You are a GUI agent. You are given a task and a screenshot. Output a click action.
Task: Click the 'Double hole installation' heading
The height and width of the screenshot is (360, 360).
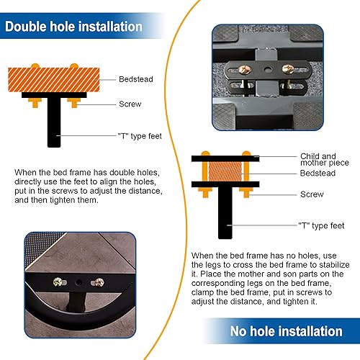[x=73, y=27]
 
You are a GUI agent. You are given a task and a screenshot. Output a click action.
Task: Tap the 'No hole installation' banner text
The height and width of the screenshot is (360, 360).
[x=287, y=331]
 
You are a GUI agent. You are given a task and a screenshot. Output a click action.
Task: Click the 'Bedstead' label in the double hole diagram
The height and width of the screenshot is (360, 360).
[x=136, y=79]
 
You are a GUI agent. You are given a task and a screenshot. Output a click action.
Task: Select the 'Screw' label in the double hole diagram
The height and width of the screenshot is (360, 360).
[x=130, y=104]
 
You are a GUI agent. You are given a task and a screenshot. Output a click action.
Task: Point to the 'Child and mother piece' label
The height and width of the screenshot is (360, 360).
[x=325, y=159]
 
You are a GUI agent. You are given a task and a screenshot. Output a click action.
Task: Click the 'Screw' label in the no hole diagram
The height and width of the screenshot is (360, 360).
[x=312, y=194]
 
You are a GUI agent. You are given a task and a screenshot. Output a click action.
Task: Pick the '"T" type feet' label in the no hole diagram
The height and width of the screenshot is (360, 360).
[x=321, y=225]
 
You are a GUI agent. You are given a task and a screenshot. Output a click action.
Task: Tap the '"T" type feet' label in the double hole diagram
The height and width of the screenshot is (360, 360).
[x=140, y=136]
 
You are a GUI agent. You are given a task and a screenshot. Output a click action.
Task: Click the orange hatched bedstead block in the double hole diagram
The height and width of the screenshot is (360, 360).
[x=54, y=80]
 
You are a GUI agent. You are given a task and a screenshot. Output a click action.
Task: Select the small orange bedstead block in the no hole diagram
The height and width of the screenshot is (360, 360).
[x=225, y=171]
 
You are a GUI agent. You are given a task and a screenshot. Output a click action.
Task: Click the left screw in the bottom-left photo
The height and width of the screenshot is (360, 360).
[x=58, y=282]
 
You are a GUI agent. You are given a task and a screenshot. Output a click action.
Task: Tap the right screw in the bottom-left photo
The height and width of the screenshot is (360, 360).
[x=99, y=282]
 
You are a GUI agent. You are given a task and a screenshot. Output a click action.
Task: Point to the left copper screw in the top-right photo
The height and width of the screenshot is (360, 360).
[x=245, y=70]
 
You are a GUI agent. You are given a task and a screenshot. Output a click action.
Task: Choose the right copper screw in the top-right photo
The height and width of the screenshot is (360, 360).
[x=288, y=69]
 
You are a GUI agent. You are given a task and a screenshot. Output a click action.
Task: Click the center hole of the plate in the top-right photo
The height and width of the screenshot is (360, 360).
[x=267, y=70]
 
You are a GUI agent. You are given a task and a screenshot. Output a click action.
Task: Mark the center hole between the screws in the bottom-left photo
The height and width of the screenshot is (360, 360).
[x=78, y=283]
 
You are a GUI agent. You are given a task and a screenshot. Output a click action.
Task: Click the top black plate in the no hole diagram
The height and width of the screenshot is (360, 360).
[x=225, y=158]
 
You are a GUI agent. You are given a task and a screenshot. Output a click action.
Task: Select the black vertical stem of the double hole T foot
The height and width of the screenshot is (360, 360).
[x=54, y=122]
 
